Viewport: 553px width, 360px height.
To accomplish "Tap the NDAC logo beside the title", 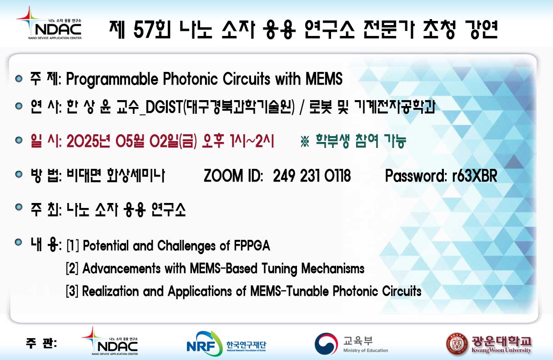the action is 49,23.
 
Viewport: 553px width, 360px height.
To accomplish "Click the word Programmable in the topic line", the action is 112,80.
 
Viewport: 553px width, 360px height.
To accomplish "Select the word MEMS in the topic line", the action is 324,79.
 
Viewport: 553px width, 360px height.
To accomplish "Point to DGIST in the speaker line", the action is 164,107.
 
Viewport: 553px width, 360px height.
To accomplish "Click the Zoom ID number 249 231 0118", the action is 312,176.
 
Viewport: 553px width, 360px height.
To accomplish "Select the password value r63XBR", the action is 474,176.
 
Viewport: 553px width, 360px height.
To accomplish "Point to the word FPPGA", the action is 252,246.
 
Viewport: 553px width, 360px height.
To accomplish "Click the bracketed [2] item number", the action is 72,269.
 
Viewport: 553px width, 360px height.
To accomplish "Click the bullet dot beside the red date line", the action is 19,140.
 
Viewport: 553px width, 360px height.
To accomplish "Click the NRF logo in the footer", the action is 226,344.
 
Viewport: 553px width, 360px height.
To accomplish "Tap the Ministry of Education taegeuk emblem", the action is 326,344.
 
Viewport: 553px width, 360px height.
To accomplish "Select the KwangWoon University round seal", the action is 457,344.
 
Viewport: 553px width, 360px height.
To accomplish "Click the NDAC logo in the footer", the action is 110,341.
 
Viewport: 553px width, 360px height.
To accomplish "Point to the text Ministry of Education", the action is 365,350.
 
